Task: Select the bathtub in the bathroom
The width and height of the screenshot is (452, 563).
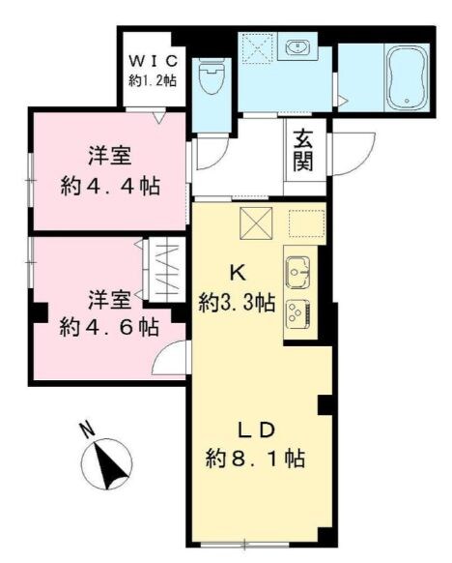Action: pos(405,78)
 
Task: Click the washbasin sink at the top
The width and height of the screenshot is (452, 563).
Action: pos(296,46)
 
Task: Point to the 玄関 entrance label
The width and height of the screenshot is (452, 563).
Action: pos(303,150)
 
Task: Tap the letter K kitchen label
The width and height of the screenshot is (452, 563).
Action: pos(235,273)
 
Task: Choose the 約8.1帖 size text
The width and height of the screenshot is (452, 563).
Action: pos(256,459)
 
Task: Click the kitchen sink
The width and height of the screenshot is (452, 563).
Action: pos(297,268)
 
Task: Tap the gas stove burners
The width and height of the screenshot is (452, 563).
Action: pos(297,312)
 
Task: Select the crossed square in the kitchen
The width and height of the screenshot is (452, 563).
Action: pos(256,223)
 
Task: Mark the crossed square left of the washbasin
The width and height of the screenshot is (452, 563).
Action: pos(256,47)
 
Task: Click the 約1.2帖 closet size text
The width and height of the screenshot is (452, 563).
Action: pos(154,80)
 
